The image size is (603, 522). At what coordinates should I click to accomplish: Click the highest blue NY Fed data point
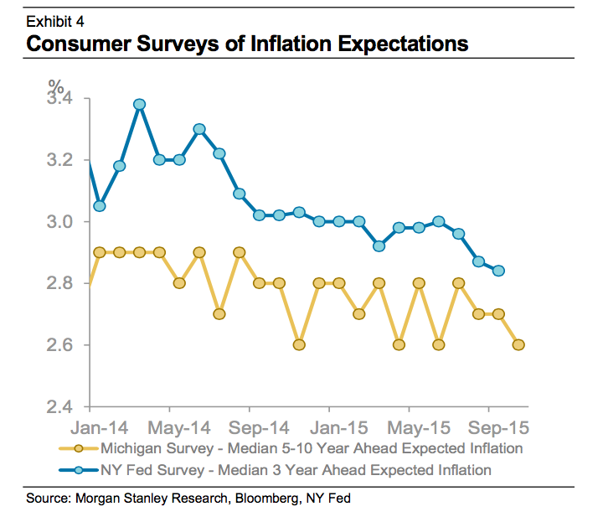coord(140,105)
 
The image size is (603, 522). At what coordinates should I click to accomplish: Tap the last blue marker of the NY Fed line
coord(498,271)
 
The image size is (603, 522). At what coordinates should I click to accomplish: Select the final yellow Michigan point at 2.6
coord(518,344)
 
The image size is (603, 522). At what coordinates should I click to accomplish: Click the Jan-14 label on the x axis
coord(92,426)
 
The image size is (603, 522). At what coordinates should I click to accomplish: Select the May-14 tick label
coord(172,426)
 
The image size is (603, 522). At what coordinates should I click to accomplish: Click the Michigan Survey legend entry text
coord(311,448)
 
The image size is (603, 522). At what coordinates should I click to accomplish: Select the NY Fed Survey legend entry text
coord(295,469)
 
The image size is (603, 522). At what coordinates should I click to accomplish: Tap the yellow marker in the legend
coord(78,448)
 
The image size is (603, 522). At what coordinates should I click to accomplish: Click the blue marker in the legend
coord(78,470)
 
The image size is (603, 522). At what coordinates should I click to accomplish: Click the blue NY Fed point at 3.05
coord(100,205)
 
